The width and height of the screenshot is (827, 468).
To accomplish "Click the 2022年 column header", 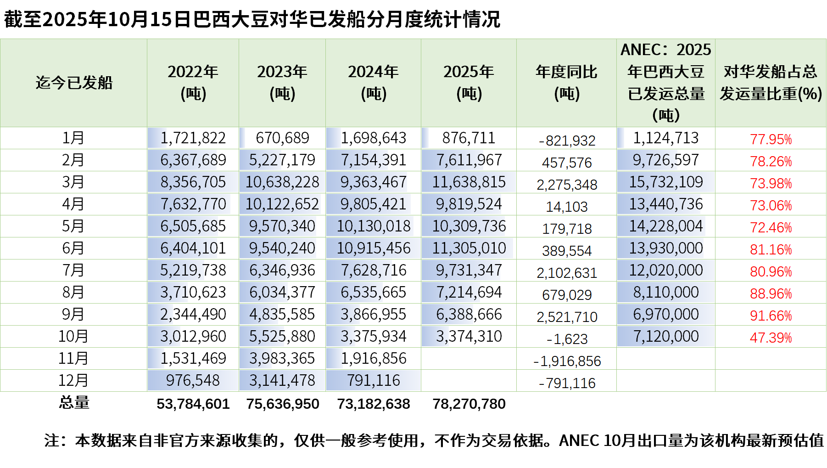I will [x=193, y=83].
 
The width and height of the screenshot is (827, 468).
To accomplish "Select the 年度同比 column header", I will [x=566, y=83].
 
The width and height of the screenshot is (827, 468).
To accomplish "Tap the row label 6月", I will [x=73, y=248].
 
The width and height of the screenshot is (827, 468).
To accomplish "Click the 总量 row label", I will [x=74, y=403].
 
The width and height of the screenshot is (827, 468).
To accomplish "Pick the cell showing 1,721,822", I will [x=193, y=138].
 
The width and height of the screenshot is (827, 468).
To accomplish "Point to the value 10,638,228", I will [x=282, y=182].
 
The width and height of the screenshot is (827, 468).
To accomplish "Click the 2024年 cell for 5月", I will [x=374, y=226].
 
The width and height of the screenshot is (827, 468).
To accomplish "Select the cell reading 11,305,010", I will [x=469, y=248].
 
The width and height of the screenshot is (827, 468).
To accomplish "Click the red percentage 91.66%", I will [x=771, y=316].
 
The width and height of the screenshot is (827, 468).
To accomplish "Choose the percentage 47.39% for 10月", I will [x=771, y=338].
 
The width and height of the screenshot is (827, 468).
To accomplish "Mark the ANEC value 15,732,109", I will [x=666, y=182].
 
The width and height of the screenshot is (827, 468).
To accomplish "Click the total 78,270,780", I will [x=469, y=404].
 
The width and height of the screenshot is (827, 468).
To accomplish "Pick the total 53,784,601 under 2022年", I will [x=193, y=404].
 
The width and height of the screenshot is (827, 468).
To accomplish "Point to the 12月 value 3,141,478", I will [x=282, y=381].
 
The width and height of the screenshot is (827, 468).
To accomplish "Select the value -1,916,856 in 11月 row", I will [x=567, y=361].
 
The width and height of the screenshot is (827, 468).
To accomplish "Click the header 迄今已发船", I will [x=74, y=83].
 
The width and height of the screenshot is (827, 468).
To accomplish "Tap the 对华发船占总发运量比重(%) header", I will [x=771, y=83].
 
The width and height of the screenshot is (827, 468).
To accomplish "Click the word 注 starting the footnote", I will [x=52, y=440].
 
